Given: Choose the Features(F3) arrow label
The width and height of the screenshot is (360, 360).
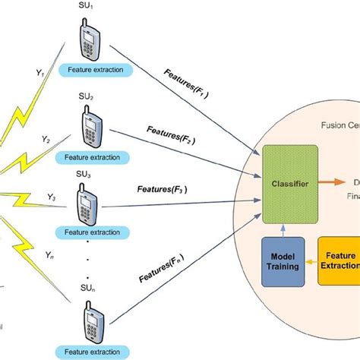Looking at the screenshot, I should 163,189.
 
